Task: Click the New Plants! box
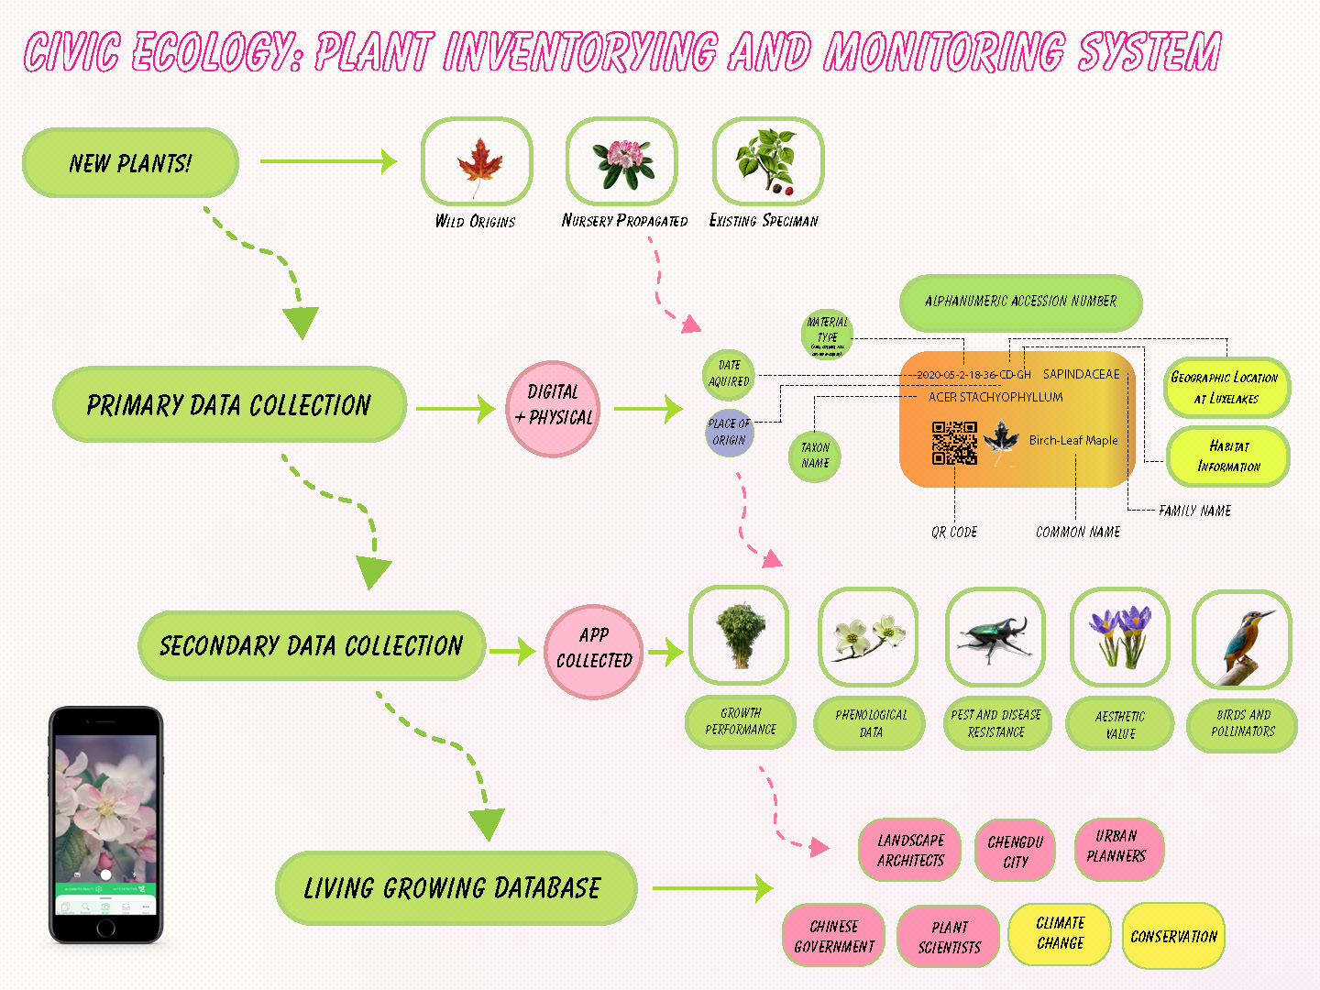coord(130,163)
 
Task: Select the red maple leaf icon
coord(478,164)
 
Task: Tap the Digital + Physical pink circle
coord(553,407)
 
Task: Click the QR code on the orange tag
coord(954,444)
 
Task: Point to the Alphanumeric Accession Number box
coord(1020,302)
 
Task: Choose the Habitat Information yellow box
coord(1228,456)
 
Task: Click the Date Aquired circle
coord(729,374)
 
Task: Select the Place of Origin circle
coord(729,432)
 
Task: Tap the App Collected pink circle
coord(594,649)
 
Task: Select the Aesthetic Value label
coord(1120,725)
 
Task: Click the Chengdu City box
coord(1016,852)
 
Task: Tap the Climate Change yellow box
coord(1060,934)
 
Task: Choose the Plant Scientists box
coord(949,938)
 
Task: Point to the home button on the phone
coord(105,929)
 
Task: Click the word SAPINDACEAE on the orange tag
coord(1081,374)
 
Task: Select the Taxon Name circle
coord(815,456)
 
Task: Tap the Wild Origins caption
coord(475,222)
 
